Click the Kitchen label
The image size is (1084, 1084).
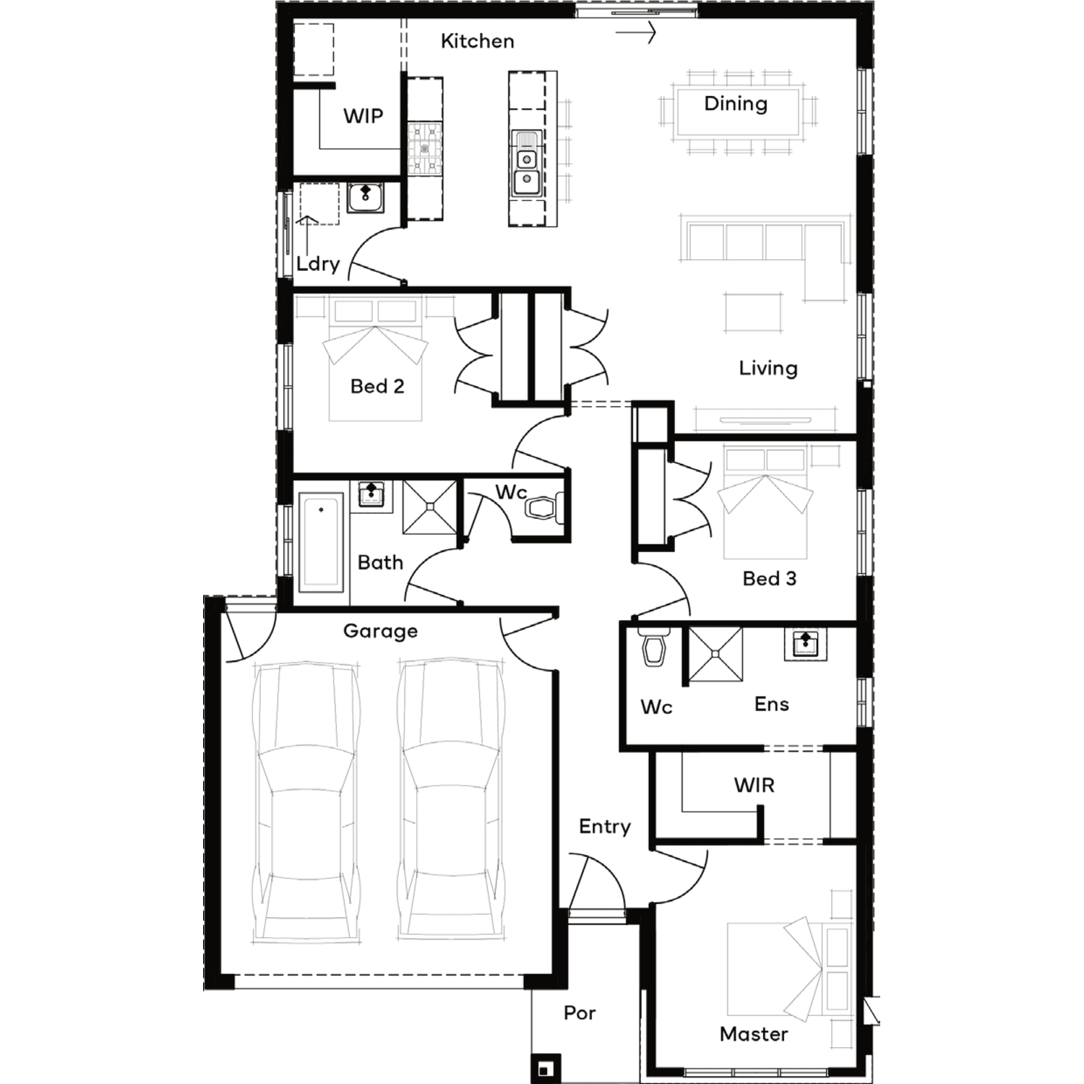click(x=478, y=41)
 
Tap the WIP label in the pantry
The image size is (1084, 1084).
click(x=363, y=116)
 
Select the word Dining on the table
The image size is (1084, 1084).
click(x=736, y=104)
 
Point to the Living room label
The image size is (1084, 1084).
click(x=768, y=369)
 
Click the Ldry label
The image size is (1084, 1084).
click(x=318, y=264)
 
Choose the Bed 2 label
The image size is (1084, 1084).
click(x=377, y=387)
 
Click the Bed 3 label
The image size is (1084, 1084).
click(x=770, y=579)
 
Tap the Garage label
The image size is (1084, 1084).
click(x=380, y=632)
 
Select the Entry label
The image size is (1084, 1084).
click(x=605, y=827)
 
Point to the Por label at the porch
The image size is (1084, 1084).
click(x=580, y=1013)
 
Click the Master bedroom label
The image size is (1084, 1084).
click(x=754, y=1034)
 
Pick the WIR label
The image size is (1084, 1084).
click(x=754, y=786)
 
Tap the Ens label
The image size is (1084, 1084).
click(x=772, y=705)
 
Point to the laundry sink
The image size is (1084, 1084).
click(x=366, y=197)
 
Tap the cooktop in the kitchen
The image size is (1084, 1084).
click(x=425, y=149)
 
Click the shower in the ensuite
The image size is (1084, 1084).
click(x=715, y=655)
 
